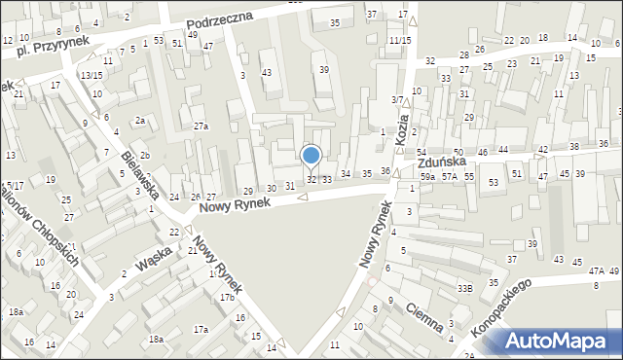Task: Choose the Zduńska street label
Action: [442, 163]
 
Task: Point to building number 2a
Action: [140, 121]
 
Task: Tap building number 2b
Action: [144, 156]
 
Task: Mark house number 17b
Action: [226, 297]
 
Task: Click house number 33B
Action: [465, 288]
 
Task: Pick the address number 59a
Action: [427, 177]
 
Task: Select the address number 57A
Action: [449, 177]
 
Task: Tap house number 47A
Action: [596, 271]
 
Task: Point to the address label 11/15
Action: [399, 41]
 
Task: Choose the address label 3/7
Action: [397, 100]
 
